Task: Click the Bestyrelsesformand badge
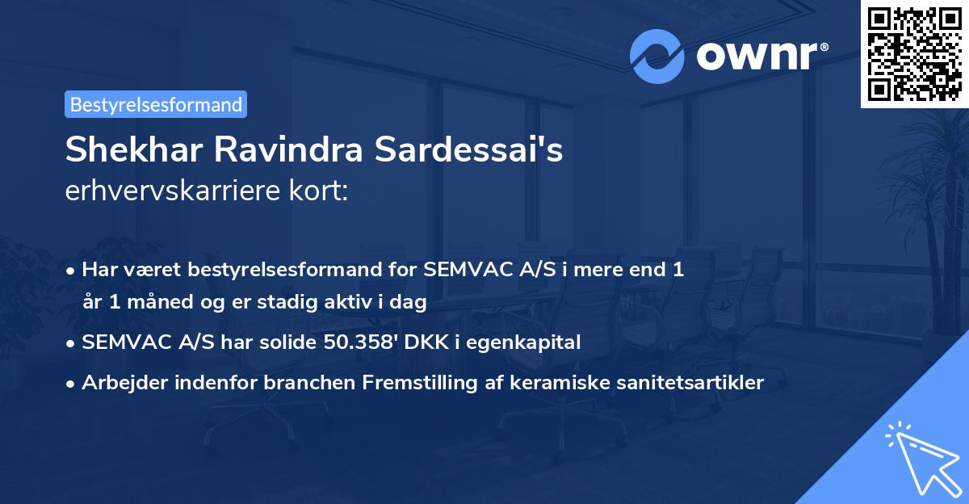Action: (156, 104)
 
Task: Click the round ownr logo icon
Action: (657, 57)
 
